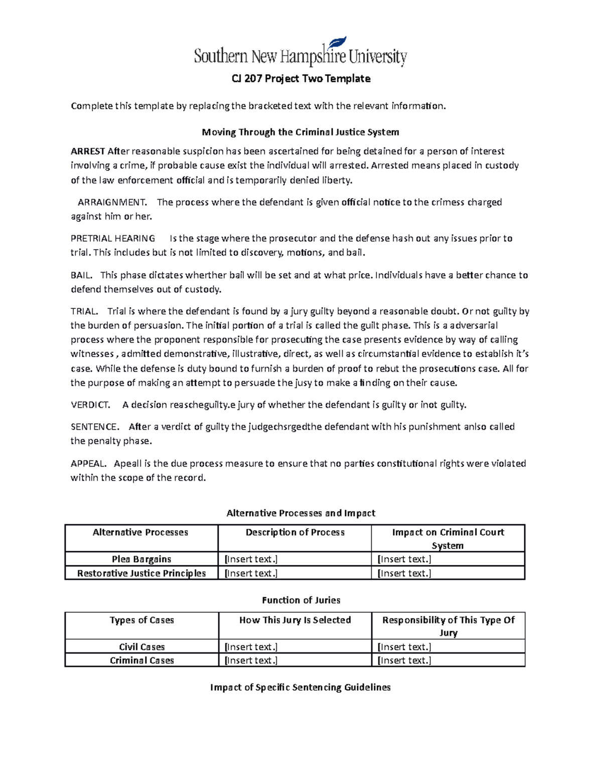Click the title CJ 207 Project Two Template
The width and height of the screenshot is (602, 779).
coord(300,79)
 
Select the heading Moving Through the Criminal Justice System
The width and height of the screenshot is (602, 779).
coord(300,132)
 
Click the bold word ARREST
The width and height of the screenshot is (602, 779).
coord(88,151)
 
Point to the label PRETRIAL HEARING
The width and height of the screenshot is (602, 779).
coord(113,239)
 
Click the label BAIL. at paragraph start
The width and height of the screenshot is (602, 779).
coord(81,275)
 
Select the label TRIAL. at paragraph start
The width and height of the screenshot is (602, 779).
coord(84,311)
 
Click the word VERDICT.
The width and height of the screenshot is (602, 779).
coord(90,405)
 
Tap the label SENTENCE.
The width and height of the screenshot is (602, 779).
coord(95,427)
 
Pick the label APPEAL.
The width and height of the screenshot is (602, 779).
coord(88,464)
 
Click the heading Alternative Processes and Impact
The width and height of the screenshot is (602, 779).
coord(300,513)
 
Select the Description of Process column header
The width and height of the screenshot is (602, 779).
coord(295,533)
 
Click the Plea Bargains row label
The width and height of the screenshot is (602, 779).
coord(141,559)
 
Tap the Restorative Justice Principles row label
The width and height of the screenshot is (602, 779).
coord(141,573)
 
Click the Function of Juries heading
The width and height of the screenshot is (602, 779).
coord(301,600)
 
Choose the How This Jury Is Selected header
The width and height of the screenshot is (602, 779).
coord(295,620)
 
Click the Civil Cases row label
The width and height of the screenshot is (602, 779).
coord(142,647)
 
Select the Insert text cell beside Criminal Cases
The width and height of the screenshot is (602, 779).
coord(251,661)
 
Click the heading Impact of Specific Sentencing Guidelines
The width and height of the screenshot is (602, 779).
coord(300,688)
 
